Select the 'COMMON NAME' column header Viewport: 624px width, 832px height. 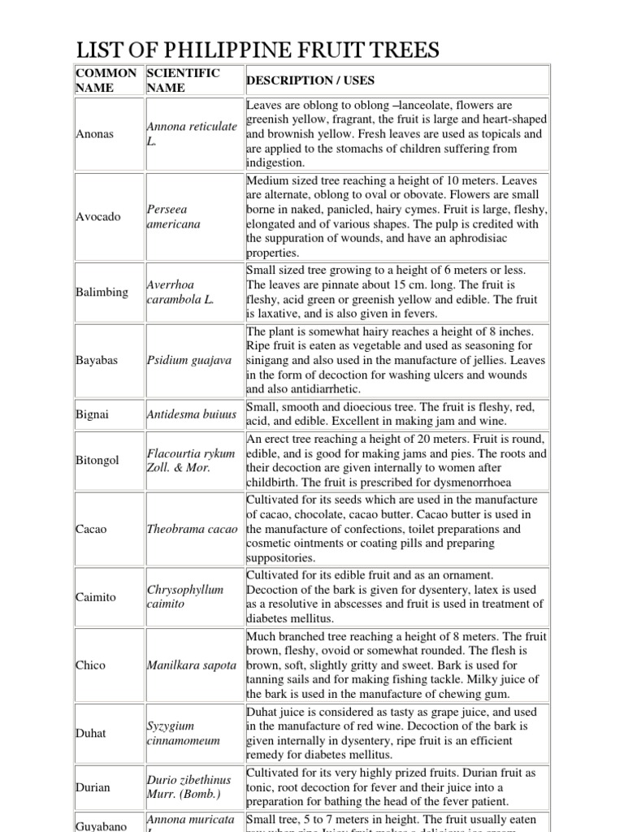coord(106,80)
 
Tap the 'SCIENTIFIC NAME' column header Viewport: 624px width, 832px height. coord(183,80)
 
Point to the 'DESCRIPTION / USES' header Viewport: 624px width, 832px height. coord(310,80)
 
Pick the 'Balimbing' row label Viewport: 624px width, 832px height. coord(102,292)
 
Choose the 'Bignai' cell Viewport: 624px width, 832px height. coord(92,414)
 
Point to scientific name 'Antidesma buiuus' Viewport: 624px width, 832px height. coord(193,414)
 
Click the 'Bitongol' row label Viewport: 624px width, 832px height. coord(98,460)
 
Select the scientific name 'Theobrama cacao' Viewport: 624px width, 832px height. coord(193,529)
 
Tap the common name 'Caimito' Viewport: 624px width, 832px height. coord(97,596)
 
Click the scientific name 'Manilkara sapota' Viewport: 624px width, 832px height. coord(193,665)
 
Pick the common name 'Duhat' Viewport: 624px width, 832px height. coord(91,733)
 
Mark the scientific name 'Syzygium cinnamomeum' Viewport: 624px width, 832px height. coord(184,733)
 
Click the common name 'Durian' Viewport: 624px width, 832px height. coord(93,787)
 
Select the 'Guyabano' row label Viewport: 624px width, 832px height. coord(102,826)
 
